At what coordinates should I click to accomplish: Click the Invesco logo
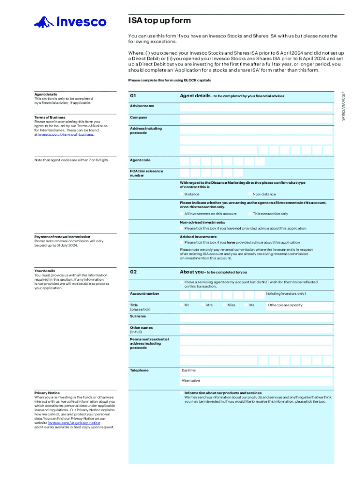pyautogui.click(x=70, y=22)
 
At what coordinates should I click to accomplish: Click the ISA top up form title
pyautogui.click(x=159, y=21)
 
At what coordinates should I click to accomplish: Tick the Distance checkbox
pyautogui.click(x=181, y=194)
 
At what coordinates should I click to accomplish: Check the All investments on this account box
pyautogui.click(x=181, y=214)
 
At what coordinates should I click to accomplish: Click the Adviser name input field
pyautogui.click(x=256, y=107)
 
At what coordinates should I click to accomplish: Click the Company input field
pyautogui.click(x=256, y=118)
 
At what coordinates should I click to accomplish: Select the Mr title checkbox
pyautogui.click(x=181, y=305)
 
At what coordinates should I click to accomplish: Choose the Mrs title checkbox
pyautogui.click(x=203, y=305)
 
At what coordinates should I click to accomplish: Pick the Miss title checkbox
pyautogui.click(x=224, y=305)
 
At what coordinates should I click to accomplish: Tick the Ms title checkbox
pyautogui.click(x=246, y=305)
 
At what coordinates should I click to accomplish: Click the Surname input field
pyautogui.click(x=256, y=318)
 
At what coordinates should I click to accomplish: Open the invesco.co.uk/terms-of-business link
pyautogui.click(x=66, y=134)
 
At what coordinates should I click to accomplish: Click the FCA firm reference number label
pyautogui.click(x=146, y=173)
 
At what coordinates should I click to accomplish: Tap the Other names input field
pyautogui.click(x=256, y=329)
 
